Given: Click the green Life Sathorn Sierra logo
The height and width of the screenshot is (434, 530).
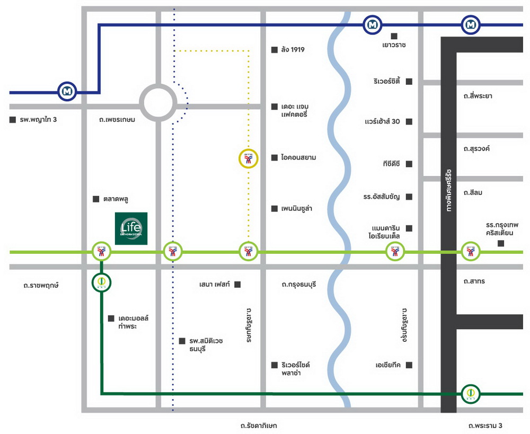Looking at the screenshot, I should point(131,228).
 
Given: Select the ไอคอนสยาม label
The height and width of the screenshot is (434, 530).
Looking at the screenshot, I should point(298,157).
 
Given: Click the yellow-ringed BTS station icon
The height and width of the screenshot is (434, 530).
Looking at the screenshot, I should point(248,158).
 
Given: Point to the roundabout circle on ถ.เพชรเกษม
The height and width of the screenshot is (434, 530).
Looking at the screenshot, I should point(157,103).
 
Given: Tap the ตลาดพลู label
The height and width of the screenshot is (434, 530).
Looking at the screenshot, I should point(116,199).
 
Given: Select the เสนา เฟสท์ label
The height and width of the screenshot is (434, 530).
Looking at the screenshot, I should point(215,285).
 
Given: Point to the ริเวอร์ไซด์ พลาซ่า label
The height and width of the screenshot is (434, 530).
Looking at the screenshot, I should point(296,369).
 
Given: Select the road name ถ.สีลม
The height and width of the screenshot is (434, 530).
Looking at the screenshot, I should point(472,192).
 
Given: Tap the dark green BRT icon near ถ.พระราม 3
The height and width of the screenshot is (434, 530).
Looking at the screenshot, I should point(469,393).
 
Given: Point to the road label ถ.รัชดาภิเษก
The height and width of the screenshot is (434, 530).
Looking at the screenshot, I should point(258,426).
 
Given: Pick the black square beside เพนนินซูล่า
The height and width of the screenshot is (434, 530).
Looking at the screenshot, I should point(275,209).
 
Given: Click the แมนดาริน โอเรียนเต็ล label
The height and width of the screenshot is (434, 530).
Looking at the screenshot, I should point(385,232).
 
